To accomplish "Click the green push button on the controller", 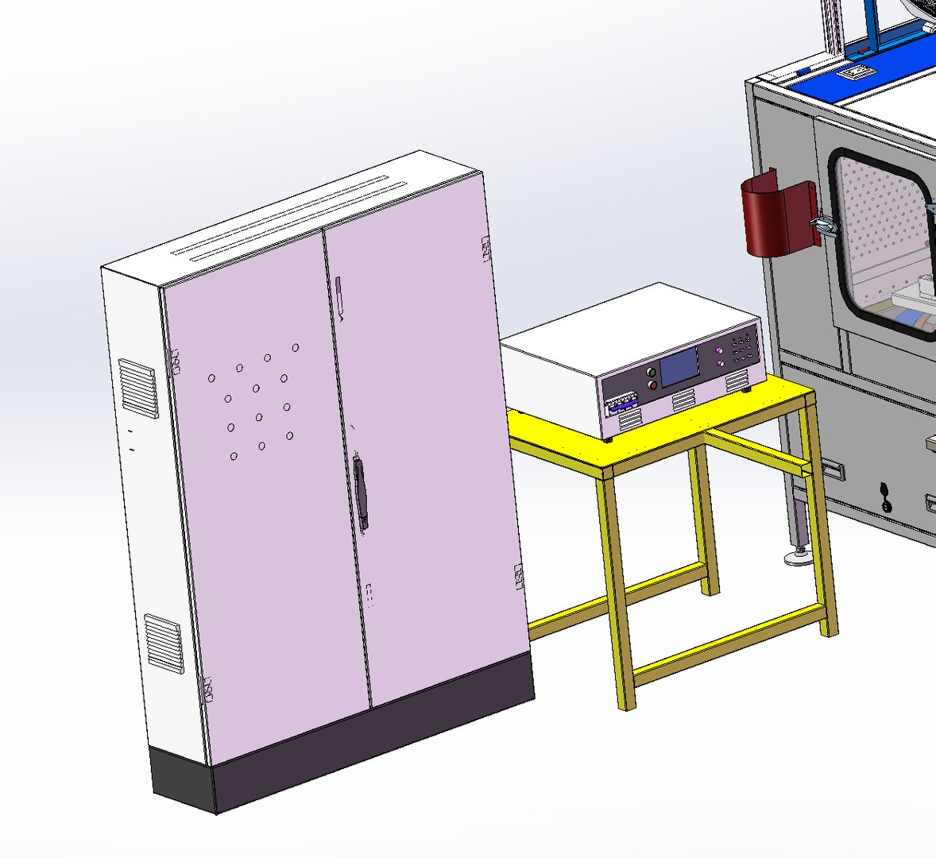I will pos(652,371).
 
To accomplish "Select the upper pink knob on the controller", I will pos(720,350).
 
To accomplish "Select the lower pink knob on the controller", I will pos(720,363).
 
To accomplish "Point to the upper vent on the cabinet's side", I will pos(138,388).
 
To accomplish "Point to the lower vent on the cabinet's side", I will pos(164,643).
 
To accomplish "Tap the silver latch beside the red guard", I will pos(824,226).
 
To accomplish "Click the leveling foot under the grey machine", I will pos(797,557).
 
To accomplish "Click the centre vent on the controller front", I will pos(683,404).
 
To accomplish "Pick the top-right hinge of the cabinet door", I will pos(485,249).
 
